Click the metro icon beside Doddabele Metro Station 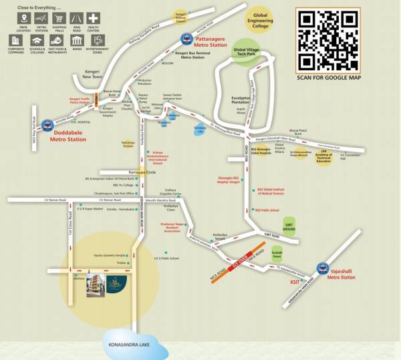(x=47, y=124)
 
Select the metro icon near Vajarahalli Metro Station (x=323, y=266)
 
